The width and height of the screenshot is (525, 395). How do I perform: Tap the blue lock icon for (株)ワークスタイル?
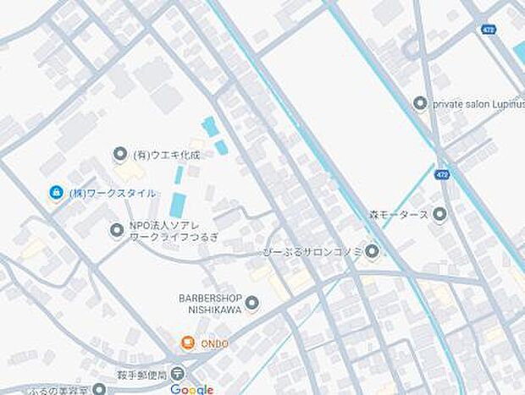55,193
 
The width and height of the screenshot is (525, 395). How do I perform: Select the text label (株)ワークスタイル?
112,193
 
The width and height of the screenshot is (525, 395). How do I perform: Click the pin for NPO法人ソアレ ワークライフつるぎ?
116,229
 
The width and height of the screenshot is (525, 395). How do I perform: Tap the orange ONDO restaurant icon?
187,343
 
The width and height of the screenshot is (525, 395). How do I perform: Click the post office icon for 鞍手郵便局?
176,373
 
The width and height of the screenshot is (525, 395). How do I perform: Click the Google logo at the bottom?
191,388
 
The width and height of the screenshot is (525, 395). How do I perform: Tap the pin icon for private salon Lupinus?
419,103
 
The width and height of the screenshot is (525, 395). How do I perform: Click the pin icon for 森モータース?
439,214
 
